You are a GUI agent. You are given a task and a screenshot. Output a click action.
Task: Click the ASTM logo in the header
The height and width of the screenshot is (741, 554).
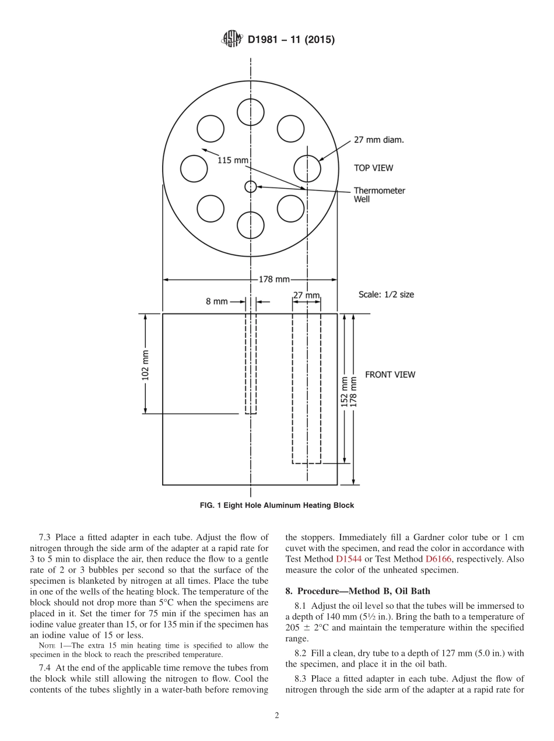click(x=232, y=40)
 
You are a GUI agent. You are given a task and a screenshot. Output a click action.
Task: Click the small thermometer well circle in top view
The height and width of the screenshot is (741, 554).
click(x=251, y=186)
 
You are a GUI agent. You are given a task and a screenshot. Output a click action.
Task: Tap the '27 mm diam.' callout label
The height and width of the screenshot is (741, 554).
click(x=378, y=140)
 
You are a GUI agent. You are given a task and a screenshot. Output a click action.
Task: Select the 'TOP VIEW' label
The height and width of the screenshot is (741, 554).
click(x=373, y=168)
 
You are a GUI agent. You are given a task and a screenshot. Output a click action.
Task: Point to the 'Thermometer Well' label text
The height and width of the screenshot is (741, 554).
click(x=379, y=195)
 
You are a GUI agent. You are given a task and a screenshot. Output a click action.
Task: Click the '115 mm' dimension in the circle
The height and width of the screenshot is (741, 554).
click(x=233, y=160)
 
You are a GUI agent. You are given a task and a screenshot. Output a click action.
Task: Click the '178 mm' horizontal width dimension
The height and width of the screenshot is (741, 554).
click(x=274, y=280)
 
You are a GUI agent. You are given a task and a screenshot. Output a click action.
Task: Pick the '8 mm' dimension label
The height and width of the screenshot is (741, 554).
click(x=216, y=302)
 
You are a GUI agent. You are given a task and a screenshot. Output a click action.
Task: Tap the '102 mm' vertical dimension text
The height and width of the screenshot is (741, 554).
click(x=146, y=365)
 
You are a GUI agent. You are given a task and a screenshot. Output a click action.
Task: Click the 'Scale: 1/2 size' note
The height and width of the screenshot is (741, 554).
click(x=386, y=294)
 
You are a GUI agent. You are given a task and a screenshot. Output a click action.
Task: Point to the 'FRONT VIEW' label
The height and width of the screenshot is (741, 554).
click(x=390, y=375)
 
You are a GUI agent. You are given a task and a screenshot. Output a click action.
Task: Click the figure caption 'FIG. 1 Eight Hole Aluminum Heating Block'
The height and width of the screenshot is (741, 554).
click(x=277, y=505)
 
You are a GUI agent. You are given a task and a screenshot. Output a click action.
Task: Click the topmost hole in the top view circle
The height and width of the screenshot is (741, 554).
click(x=251, y=111)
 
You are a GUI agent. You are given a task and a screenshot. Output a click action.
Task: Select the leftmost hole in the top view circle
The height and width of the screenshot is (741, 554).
click(x=194, y=168)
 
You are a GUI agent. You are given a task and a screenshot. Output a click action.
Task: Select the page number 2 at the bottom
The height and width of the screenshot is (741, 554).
click(x=277, y=716)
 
